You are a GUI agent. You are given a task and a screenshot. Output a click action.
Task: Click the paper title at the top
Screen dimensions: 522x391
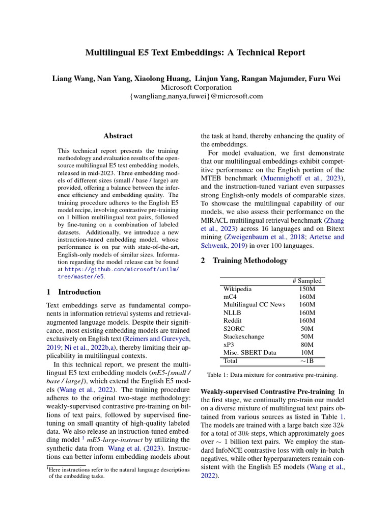(x=195, y=53)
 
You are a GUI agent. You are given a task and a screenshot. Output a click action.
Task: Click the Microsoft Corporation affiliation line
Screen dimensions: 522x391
(x=196, y=87)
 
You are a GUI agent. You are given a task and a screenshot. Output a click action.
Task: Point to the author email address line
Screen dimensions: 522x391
(x=196, y=96)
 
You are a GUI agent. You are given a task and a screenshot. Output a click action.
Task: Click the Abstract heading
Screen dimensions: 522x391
(x=118, y=136)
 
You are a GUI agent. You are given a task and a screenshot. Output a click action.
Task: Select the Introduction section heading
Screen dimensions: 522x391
(x=73, y=293)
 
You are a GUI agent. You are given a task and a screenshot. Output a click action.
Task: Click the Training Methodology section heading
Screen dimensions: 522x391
(x=244, y=260)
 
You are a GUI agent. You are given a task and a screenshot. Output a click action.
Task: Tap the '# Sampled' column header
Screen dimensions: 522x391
(x=307, y=281)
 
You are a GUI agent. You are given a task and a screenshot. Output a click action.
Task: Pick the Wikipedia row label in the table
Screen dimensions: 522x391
(x=238, y=289)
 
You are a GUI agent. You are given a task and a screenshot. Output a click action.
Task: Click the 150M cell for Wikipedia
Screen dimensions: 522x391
(x=307, y=289)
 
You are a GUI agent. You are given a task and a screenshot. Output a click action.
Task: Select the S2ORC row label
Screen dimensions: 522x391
(x=234, y=329)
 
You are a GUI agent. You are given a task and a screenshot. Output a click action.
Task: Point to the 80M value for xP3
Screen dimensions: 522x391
(x=307, y=345)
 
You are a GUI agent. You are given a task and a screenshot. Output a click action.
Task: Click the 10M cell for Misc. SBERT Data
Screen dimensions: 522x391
(x=307, y=353)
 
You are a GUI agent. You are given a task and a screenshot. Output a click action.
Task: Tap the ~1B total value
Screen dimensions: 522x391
(x=307, y=361)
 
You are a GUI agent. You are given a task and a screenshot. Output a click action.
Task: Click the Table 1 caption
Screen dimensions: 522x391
(x=272, y=375)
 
